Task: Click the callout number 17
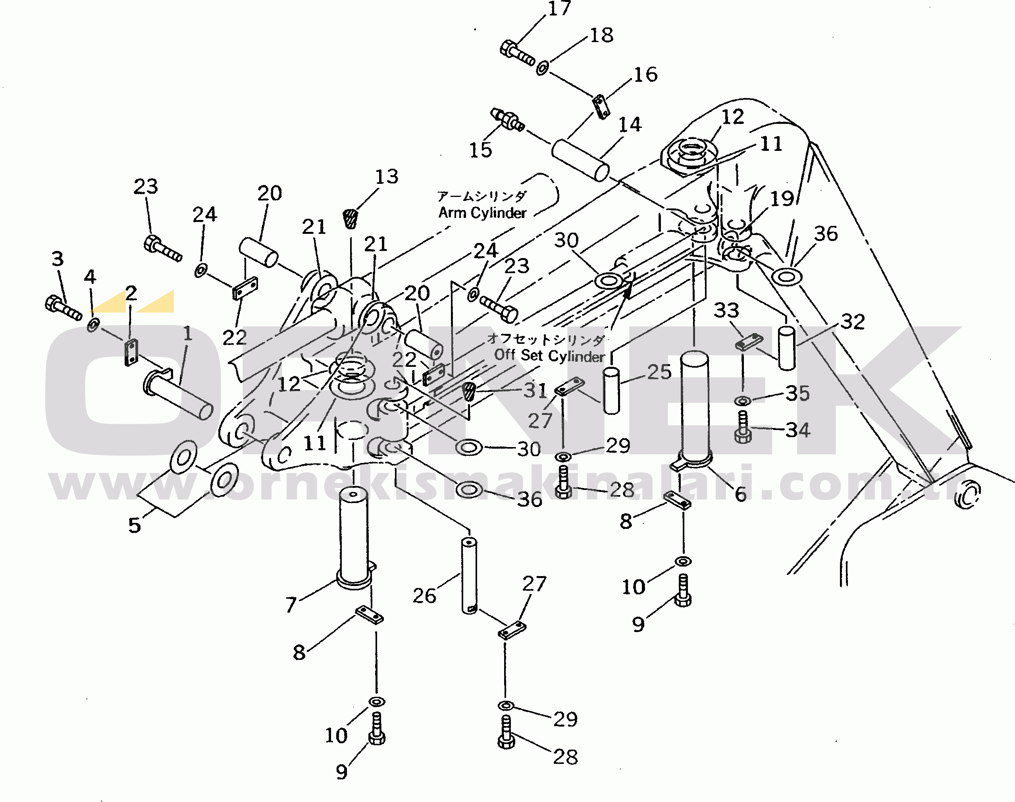[559, 8]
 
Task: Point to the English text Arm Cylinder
[482, 213]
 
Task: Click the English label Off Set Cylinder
[549, 355]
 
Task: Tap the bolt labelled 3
[63, 308]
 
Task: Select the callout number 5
[134, 525]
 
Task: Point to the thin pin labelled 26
[469, 576]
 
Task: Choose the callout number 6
[740, 494]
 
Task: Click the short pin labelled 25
[611, 391]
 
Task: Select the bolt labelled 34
[743, 427]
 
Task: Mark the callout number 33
[726, 310]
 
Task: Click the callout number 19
[782, 199]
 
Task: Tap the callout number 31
[535, 390]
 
